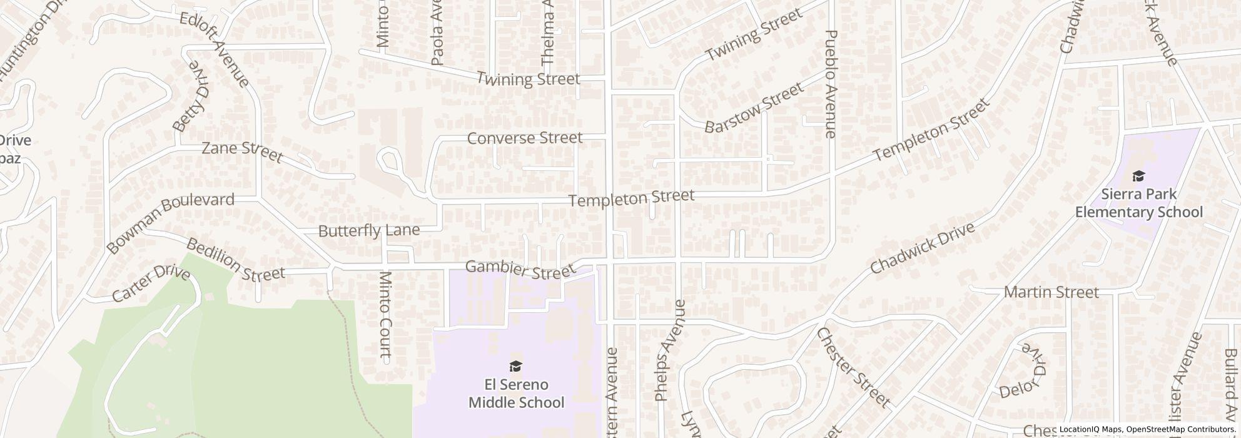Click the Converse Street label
525,138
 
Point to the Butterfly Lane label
368,231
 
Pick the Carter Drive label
151,284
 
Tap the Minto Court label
386,316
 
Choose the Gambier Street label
520,270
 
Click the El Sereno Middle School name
517,393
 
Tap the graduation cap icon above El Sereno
516,366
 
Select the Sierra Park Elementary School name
1138,203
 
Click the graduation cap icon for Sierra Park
1138,176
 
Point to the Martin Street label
1051,292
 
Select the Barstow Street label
753,108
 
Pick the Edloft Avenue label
215,49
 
